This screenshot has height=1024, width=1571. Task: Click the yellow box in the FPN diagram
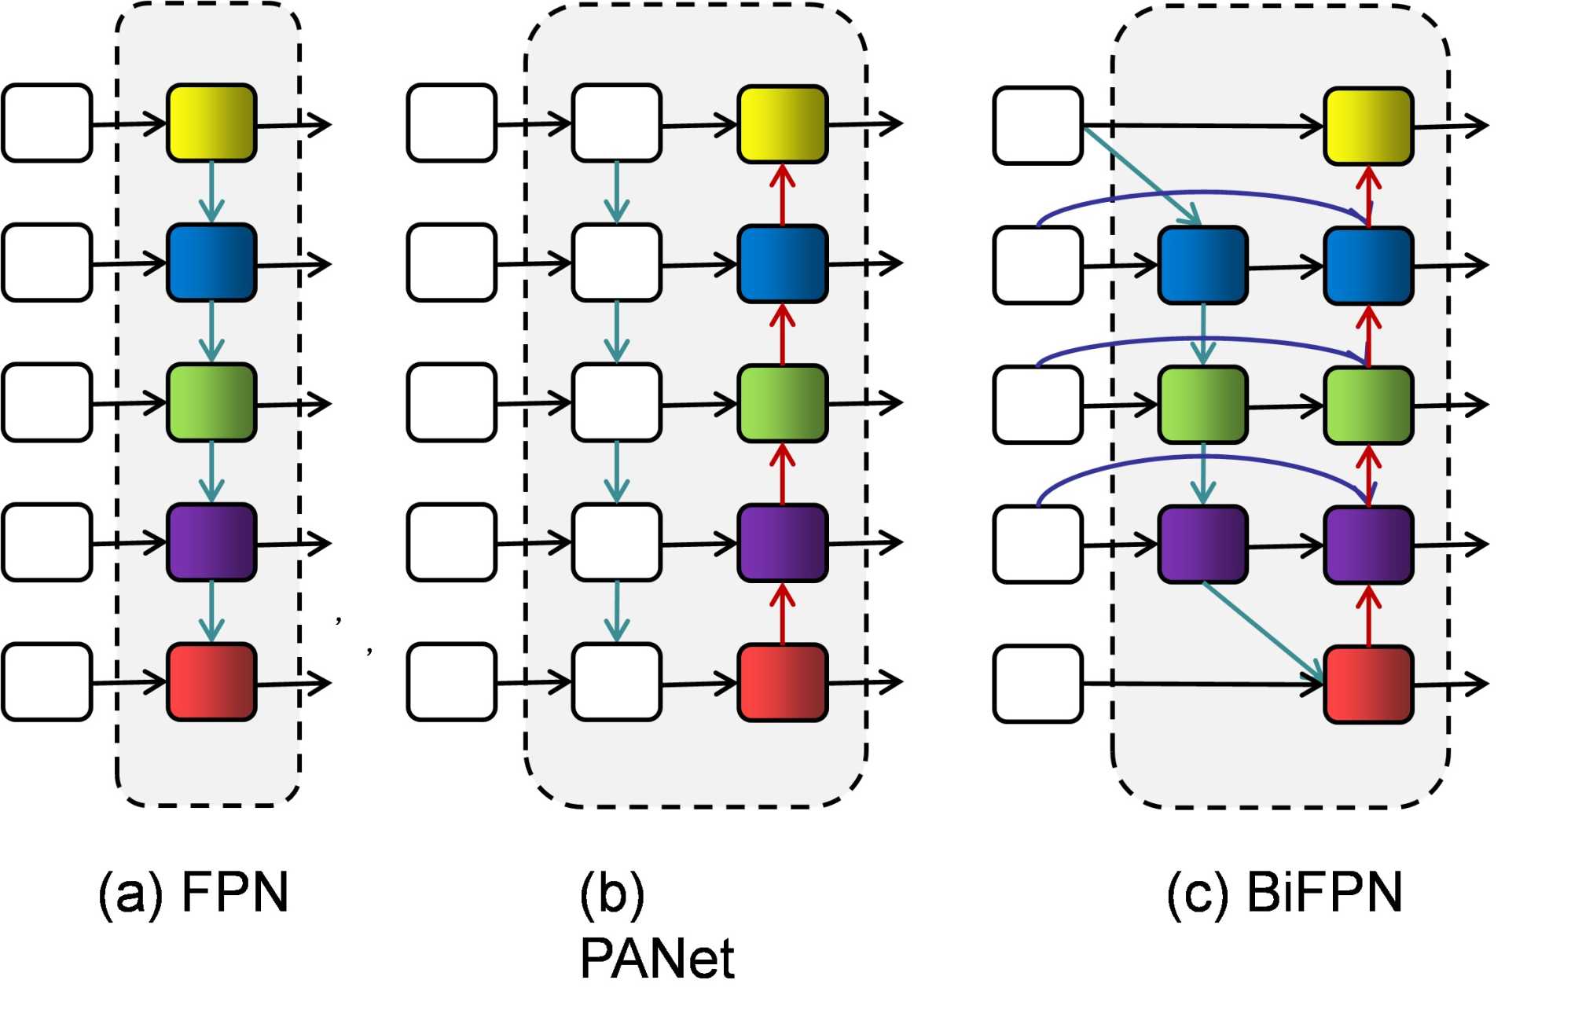[x=211, y=123]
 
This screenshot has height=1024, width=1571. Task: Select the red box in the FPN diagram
[x=211, y=681]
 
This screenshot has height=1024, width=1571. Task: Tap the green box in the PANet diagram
[x=782, y=403]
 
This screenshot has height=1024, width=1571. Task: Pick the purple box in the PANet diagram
[x=782, y=543]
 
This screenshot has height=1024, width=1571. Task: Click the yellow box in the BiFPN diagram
[x=1368, y=126]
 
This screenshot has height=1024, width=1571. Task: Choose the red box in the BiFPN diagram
[x=1368, y=684]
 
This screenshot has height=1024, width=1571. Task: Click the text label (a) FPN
[x=193, y=893]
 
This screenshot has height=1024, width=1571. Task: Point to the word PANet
[x=656, y=958]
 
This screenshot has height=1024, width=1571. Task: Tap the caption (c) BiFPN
[x=1284, y=893]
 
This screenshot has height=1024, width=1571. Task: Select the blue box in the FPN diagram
[x=211, y=262]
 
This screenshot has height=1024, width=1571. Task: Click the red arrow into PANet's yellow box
[x=782, y=194]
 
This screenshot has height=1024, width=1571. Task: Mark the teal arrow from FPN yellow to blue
[x=211, y=193]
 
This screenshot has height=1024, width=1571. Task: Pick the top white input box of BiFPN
[x=1037, y=126]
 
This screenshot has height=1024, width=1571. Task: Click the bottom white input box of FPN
[x=47, y=681]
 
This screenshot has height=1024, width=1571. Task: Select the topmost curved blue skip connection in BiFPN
[x=1202, y=193]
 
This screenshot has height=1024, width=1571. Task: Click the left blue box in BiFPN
[x=1202, y=265]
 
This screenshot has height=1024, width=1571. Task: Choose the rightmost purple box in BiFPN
[x=1368, y=545]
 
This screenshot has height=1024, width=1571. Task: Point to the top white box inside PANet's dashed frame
[x=616, y=123]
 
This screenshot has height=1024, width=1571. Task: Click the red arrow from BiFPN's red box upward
[x=1369, y=617]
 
